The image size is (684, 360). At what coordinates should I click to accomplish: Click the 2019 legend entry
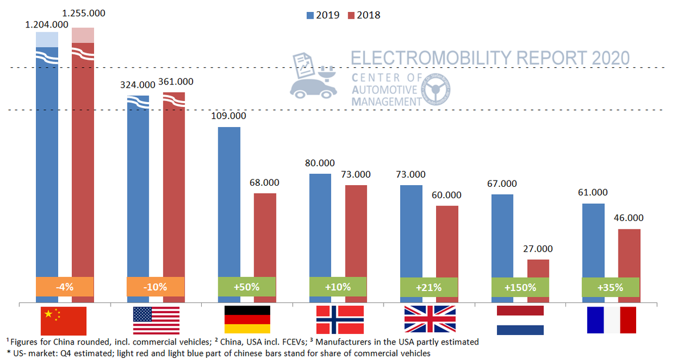pyautogui.click(x=322, y=15)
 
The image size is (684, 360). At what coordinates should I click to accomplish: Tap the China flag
pyautogui.click(x=63, y=321)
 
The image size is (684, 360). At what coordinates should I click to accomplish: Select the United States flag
pyautogui.click(x=156, y=321)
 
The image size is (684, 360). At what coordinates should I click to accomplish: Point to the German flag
pyautogui.click(x=247, y=321)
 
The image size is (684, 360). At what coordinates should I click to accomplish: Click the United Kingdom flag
pyautogui.click(x=430, y=321)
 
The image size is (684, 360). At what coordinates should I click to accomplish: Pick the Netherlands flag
pyautogui.click(x=520, y=321)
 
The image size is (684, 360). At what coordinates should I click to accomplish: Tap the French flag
pyautogui.click(x=611, y=321)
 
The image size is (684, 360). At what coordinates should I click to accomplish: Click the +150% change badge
pyautogui.click(x=520, y=287)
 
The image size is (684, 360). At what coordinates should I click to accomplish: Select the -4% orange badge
pyautogui.click(x=64, y=287)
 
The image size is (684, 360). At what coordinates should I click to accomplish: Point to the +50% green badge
pyautogui.click(x=247, y=287)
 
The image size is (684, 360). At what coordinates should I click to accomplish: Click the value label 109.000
pyautogui.click(x=229, y=116)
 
